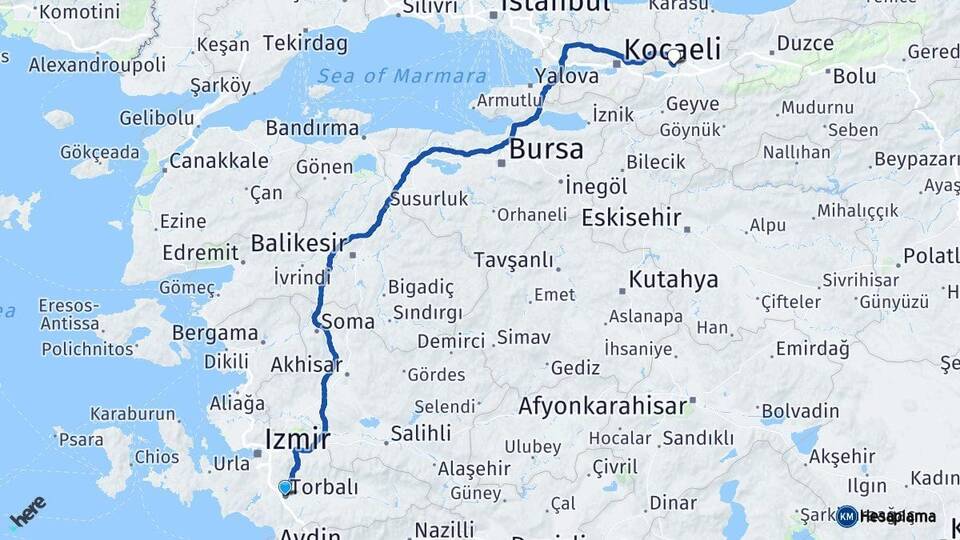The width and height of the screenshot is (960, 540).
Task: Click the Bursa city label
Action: pos(546,150)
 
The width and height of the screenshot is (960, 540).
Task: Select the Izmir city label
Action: pos(297,438)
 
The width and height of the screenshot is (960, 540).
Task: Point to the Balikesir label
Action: pos(298,243)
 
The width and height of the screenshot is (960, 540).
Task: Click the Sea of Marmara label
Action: pos(401,76)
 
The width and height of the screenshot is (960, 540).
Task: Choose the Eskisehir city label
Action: pos(631,218)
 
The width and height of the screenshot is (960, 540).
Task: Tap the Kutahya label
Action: pos(673,279)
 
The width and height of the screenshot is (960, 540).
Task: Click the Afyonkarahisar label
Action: pos(602,406)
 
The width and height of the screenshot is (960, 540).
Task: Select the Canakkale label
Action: pos(219,161)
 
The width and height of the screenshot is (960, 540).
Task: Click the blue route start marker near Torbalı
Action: pos(285,487)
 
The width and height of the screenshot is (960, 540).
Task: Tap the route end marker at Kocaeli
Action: pos(676,57)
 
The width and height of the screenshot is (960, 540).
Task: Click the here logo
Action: pos(27,512)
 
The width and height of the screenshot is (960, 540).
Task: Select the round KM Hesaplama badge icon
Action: pos(847,516)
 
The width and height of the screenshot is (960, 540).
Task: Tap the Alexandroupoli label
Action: pos(97,65)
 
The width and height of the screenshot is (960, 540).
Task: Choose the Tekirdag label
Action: pos(305,43)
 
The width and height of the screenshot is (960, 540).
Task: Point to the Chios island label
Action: pos(157,457)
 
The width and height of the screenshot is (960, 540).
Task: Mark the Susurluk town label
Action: pos(428,199)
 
